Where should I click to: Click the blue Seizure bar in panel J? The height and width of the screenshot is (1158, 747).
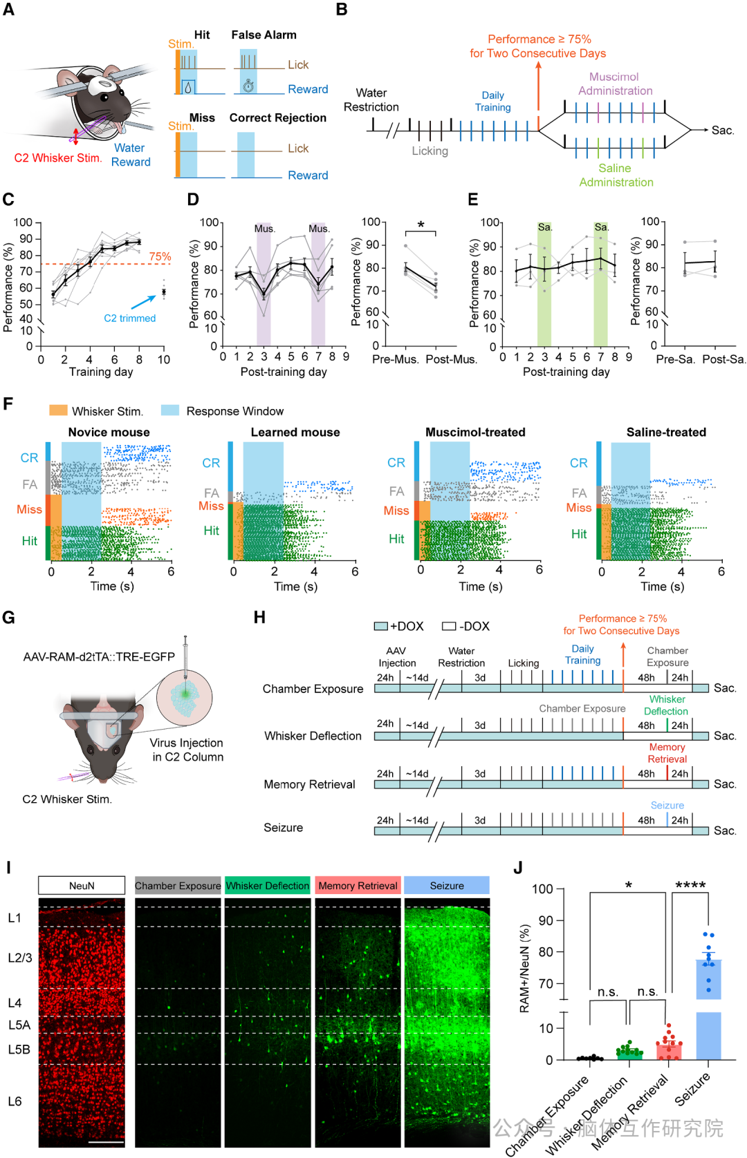point(708,1029)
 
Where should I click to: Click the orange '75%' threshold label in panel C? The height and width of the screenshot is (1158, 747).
point(160,256)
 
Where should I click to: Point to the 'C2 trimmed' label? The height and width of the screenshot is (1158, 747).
point(130,319)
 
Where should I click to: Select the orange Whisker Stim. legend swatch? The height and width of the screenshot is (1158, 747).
point(58,410)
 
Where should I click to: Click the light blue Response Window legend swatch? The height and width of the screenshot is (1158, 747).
point(170,410)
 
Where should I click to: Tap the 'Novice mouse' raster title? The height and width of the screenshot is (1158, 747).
point(109,433)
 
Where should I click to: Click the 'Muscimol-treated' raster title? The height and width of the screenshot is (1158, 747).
point(475,433)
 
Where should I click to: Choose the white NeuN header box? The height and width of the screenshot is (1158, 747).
point(82,885)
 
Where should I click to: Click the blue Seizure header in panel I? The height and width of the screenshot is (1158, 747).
point(447,885)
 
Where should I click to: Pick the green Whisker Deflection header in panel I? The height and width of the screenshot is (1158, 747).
point(268,885)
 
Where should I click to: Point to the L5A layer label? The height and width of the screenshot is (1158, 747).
point(19,1025)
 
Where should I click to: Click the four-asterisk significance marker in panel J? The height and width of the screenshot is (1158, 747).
point(690,885)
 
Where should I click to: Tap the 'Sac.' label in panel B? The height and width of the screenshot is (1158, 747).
point(723,131)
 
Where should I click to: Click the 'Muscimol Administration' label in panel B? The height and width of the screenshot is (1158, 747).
point(615,84)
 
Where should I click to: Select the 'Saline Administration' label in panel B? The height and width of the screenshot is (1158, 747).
point(616,175)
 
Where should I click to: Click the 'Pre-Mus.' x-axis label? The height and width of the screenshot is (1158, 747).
point(396,359)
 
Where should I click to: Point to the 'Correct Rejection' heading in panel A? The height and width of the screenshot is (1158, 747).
point(277,118)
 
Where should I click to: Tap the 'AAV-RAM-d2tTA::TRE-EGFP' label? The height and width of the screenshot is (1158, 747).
point(99,656)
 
